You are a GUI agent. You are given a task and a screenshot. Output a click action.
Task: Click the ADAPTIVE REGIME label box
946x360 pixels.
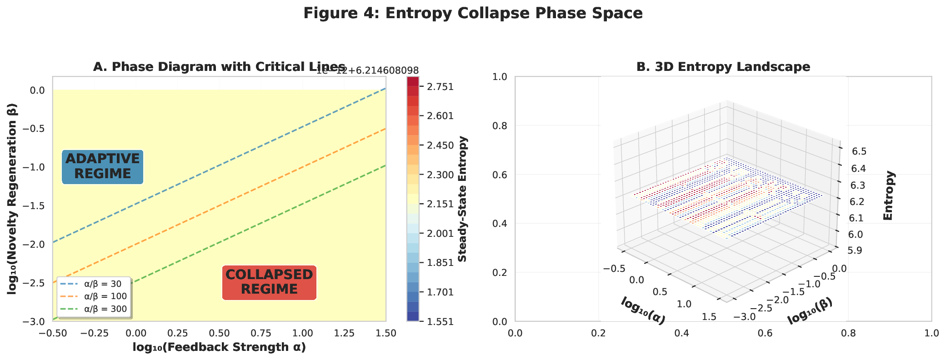click(x=102, y=166)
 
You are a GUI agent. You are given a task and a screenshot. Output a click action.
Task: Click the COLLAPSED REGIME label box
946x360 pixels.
click(x=269, y=282)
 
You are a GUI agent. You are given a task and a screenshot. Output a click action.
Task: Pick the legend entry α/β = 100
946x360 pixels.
click(x=105, y=296)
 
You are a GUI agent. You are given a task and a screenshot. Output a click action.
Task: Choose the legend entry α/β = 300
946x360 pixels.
click(x=105, y=309)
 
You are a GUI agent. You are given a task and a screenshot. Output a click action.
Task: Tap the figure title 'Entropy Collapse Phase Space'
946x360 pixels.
click(x=473, y=13)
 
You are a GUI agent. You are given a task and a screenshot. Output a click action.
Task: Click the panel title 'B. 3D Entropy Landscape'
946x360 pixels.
click(x=723, y=67)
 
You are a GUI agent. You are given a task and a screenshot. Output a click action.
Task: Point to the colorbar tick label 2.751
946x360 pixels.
click(x=440, y=87)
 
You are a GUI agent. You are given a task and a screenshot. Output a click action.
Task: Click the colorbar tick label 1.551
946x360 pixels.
click(x=440, y=321)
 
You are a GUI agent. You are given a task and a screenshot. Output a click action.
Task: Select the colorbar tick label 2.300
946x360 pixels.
click(x=440, y=175)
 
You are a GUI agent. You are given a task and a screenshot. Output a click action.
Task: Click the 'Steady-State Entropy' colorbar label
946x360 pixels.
click(x=462, y=199)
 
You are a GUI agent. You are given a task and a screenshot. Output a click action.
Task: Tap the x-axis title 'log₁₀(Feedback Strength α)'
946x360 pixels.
click(x=219, y=347)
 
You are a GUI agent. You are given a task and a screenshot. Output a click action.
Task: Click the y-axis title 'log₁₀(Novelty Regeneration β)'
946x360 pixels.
click(x=12, y=199)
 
